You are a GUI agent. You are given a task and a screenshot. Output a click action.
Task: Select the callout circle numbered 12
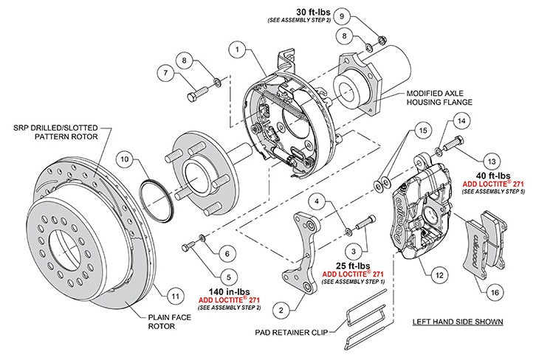point(439,275)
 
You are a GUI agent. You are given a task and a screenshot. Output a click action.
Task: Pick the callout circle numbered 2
point(281,308)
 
